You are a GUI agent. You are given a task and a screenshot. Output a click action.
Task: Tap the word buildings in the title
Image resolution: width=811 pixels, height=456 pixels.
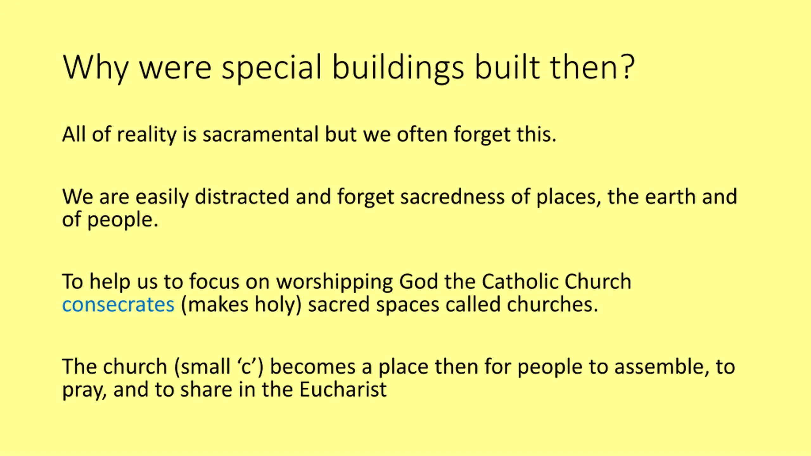pyautogui.click(x=398, y=69)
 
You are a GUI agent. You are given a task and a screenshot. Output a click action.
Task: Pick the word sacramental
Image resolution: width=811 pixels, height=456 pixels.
pyautogui.click(x=260, y=134)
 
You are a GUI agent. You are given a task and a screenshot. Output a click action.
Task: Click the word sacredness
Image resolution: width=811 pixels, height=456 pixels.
pyautogui.click(x=452, y=196)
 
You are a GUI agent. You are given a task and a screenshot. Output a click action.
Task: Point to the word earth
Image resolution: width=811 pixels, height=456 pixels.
pyautogui.click(x=670, y=196)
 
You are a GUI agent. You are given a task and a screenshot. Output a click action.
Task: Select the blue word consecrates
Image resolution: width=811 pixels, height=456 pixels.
pyautogui.click(x=118, y=305)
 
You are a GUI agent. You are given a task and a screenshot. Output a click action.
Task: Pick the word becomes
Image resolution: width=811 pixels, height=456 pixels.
pyautogui.click(x=313, y=366)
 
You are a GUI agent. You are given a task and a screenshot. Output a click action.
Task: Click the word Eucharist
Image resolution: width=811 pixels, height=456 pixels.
pyautogui.click(x=343, y=389)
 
